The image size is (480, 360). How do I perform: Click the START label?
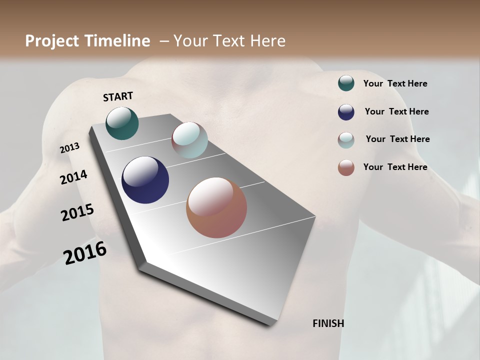point(118,96)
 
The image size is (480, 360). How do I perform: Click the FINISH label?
point(328,323)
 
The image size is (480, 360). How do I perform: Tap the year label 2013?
point(69,148)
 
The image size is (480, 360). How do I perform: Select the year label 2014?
point(73,177)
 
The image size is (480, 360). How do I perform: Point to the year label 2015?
point(77,212)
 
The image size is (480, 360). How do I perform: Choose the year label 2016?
point(85,253)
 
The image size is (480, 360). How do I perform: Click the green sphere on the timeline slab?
point(122,123)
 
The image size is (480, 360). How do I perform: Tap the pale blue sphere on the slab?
point(189,140)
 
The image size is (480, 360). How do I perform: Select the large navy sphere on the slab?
point(145,180)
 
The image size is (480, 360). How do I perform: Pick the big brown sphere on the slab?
point(216,207)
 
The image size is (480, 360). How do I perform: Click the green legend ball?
point(346,83)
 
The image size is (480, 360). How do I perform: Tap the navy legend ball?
point(346,112)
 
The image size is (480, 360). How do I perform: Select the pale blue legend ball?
point(346,140)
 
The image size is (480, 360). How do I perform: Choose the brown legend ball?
point(346,167)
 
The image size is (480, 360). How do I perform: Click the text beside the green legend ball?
point(395,84)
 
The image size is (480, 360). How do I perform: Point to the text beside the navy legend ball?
point(396,111)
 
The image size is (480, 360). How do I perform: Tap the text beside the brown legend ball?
point(395,167)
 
